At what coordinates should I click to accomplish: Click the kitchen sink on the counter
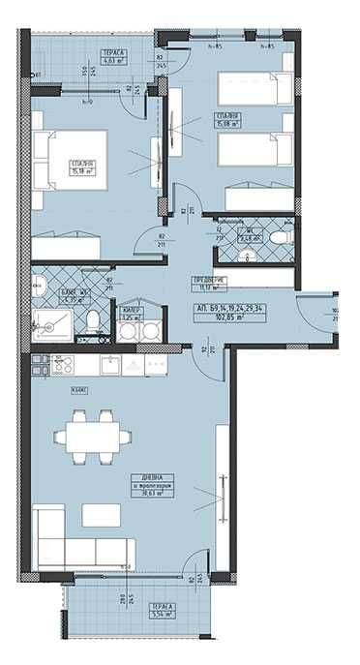(112, 364)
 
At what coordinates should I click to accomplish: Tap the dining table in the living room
(89, 434)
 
